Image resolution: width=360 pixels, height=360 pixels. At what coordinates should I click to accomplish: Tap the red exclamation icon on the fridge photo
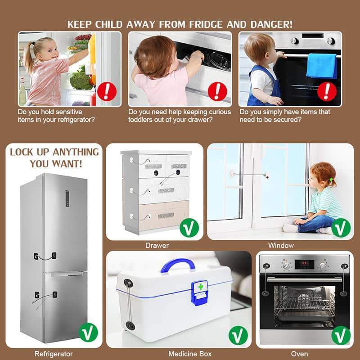(x=107, y=92)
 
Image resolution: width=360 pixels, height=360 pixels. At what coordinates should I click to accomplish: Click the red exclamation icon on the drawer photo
(x=217, y=91)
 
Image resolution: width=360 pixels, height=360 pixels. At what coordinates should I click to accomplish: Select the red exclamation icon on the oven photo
(x=327, y=91)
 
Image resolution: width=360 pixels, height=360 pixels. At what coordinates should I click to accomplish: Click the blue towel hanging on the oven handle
(x=322, y=66)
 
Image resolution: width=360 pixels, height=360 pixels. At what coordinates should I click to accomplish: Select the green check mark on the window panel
(x=341, y=228)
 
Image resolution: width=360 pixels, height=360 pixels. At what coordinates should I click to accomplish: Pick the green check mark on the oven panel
(x=341, y=335)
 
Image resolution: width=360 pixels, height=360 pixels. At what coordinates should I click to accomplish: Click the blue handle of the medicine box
(x=178, y=265)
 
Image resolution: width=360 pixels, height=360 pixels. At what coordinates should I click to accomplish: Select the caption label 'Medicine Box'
(x=190, y=354)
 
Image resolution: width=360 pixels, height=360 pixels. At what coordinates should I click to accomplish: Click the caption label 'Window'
(x=281, y=245)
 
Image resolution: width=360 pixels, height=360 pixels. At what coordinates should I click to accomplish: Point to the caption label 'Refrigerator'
(x=54, y=354)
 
